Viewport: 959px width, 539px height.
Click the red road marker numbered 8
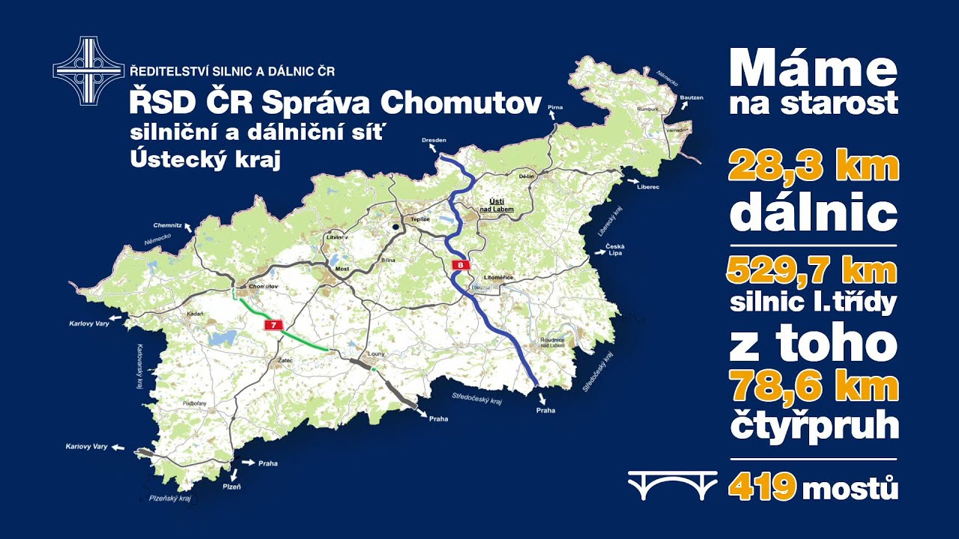click(x=461, y=264)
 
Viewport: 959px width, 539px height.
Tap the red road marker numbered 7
click(x=274, y=325)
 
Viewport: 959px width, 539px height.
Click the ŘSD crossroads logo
click(x=88, y=71)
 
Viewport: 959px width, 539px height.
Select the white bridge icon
click(x=672, y=487)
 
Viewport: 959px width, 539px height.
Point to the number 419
click(x=761, y=489)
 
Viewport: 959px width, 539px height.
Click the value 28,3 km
click(x=813, y=166)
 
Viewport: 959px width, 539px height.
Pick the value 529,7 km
click(x=811, y=271)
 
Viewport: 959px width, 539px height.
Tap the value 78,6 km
click(x=813, y=388)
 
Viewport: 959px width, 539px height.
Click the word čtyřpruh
click(x=813, y=424)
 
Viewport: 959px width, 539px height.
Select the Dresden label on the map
click(x=434, y=140)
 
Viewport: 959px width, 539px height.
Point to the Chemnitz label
click(x=167, y=225)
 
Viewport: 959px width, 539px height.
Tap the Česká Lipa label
click(x=615, y=249)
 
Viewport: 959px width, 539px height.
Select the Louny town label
click(x=375, y=354)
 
